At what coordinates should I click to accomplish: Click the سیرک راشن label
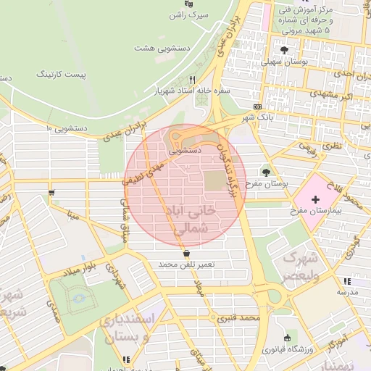pyautogui.click(x=193, y=14)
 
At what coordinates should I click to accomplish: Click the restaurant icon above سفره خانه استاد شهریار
pyautogui.click(x=192, y=80)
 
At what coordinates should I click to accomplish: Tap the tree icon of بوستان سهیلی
pyautogui.click(x=284, y=50)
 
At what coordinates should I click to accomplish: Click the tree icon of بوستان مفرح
pyautogui.click(x=265, y=172)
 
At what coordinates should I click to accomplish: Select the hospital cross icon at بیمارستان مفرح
pyautogui.click(x=315, y=199)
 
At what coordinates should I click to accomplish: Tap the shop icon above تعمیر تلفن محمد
pyautogui.click(x=188, y=254)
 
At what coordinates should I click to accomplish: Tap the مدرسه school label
pyautogui.click(x=347, y=291)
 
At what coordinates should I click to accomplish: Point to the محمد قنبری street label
pyautogui.click(x=241, y=318)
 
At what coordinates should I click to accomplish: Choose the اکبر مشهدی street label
pyautogui.click(x=336, y=96)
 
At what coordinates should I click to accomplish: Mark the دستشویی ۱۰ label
pyautogui.click(x=67, y=128)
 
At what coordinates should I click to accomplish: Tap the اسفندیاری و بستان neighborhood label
pyautogui.click(x=149, y=328)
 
